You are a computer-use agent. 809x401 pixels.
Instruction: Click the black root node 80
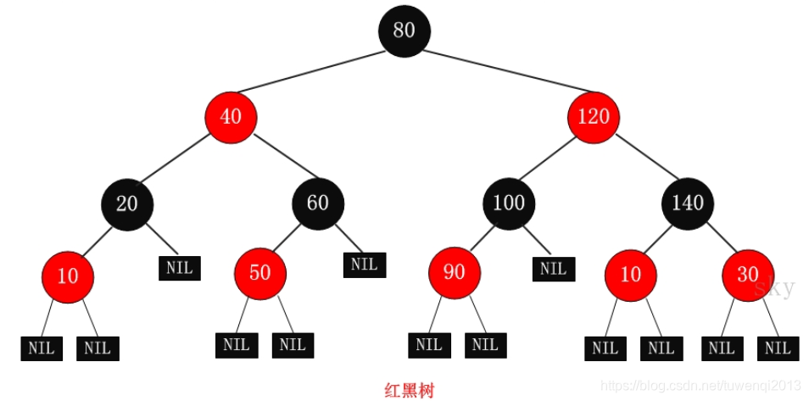pos(404,31)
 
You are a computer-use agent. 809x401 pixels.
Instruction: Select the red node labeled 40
pos(231,116)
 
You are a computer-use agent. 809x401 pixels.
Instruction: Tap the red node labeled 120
pos(594,116)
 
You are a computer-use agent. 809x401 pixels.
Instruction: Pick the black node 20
pos(127,203)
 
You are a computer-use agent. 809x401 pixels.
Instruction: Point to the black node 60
pos(318,203)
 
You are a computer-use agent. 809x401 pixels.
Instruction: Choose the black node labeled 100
pos(509,203)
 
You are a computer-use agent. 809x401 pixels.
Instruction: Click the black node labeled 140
pos(688,203)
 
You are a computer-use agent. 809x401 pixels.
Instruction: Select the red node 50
pos(259,273)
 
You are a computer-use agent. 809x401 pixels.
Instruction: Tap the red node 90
pos(455,273)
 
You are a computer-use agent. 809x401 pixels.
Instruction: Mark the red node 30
pos(748,276)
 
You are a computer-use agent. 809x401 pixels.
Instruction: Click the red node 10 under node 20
pos(67,276)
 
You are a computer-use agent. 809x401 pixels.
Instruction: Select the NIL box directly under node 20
pos(180,268)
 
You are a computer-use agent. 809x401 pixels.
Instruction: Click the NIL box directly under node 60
pos(365,264)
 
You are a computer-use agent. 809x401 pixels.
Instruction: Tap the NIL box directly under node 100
pos(554,269)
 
